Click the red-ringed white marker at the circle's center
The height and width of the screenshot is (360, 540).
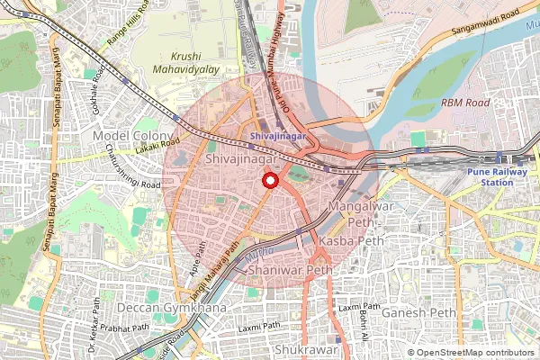pyautogui.click(x=269, y=181)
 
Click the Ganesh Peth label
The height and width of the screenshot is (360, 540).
pyautogui.click(x=419, y=313)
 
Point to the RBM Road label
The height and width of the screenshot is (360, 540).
pyautogui.click(x=465, y=103)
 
